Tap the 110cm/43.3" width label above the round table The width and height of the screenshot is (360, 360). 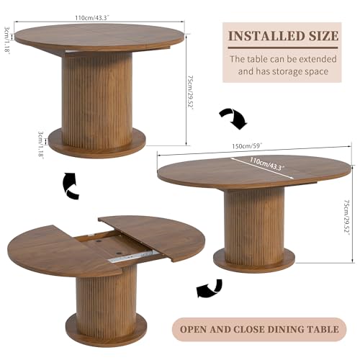[x=92, y=18]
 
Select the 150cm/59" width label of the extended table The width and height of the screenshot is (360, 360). [x=247, y=145]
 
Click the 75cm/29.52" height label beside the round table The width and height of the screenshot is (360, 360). [x=191, y=93]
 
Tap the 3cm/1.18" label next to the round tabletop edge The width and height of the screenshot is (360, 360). [x=6, y=39]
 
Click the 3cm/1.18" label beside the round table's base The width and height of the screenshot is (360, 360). [x=41, y=144]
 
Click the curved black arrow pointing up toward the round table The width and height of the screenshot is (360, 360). [x=70, y=185]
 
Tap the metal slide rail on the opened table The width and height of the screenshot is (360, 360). [x=132, y=256]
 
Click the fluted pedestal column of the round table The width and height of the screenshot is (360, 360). [x=96, y=99]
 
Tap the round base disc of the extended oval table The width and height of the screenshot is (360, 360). [x=254, y=261]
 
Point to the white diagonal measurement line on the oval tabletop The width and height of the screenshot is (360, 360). [x=262, y=168]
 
